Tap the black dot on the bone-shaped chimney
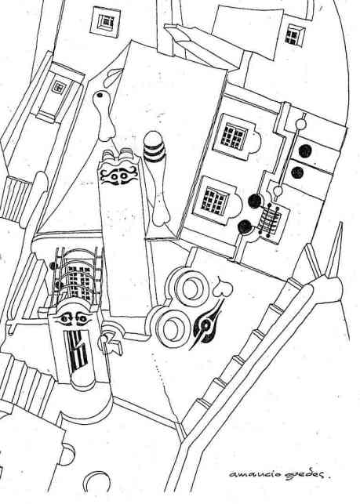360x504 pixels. pos(100,95)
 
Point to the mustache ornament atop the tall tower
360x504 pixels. pos(118,176)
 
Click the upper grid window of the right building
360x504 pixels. pos(235,136)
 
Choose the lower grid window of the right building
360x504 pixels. pos(215,200)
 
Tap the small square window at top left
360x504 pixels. pos(106,21)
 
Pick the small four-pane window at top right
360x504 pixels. pos(294,34)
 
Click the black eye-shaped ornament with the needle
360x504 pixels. pos(206,325)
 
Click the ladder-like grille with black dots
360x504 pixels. pos(270,220)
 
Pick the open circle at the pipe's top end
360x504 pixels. pos(301,124)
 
